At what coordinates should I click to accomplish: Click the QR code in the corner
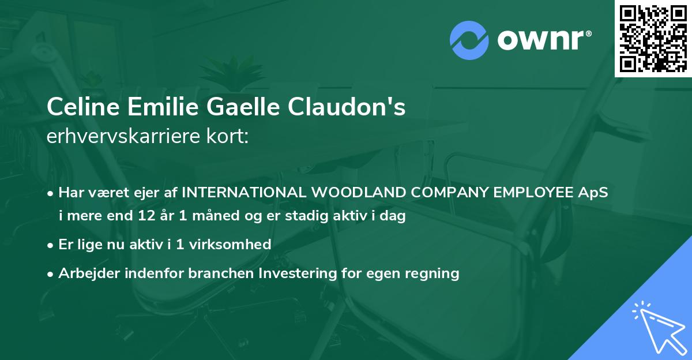[653, 38]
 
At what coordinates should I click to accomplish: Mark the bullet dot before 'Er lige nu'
[51, 245]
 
